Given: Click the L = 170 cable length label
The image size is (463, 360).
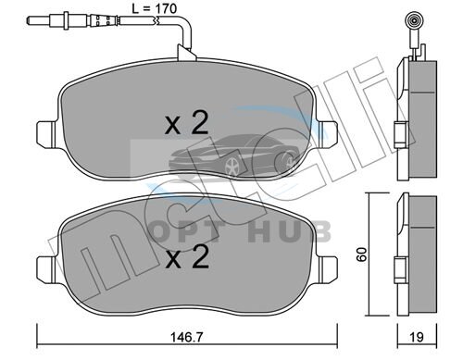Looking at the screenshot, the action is pos(155,8).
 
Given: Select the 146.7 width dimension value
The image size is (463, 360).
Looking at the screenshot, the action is pos(187,337).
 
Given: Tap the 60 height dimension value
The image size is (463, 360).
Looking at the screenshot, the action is pos(361,254).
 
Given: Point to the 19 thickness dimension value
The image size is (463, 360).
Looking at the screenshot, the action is pos(417,337).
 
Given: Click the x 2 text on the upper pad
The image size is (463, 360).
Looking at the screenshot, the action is pos(186,123).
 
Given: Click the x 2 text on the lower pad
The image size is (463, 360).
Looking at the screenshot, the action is pos(187,256).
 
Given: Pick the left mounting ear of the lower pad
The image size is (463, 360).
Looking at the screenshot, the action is pos(46,268).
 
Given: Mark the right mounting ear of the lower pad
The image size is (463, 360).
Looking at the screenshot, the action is pos(329,268).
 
